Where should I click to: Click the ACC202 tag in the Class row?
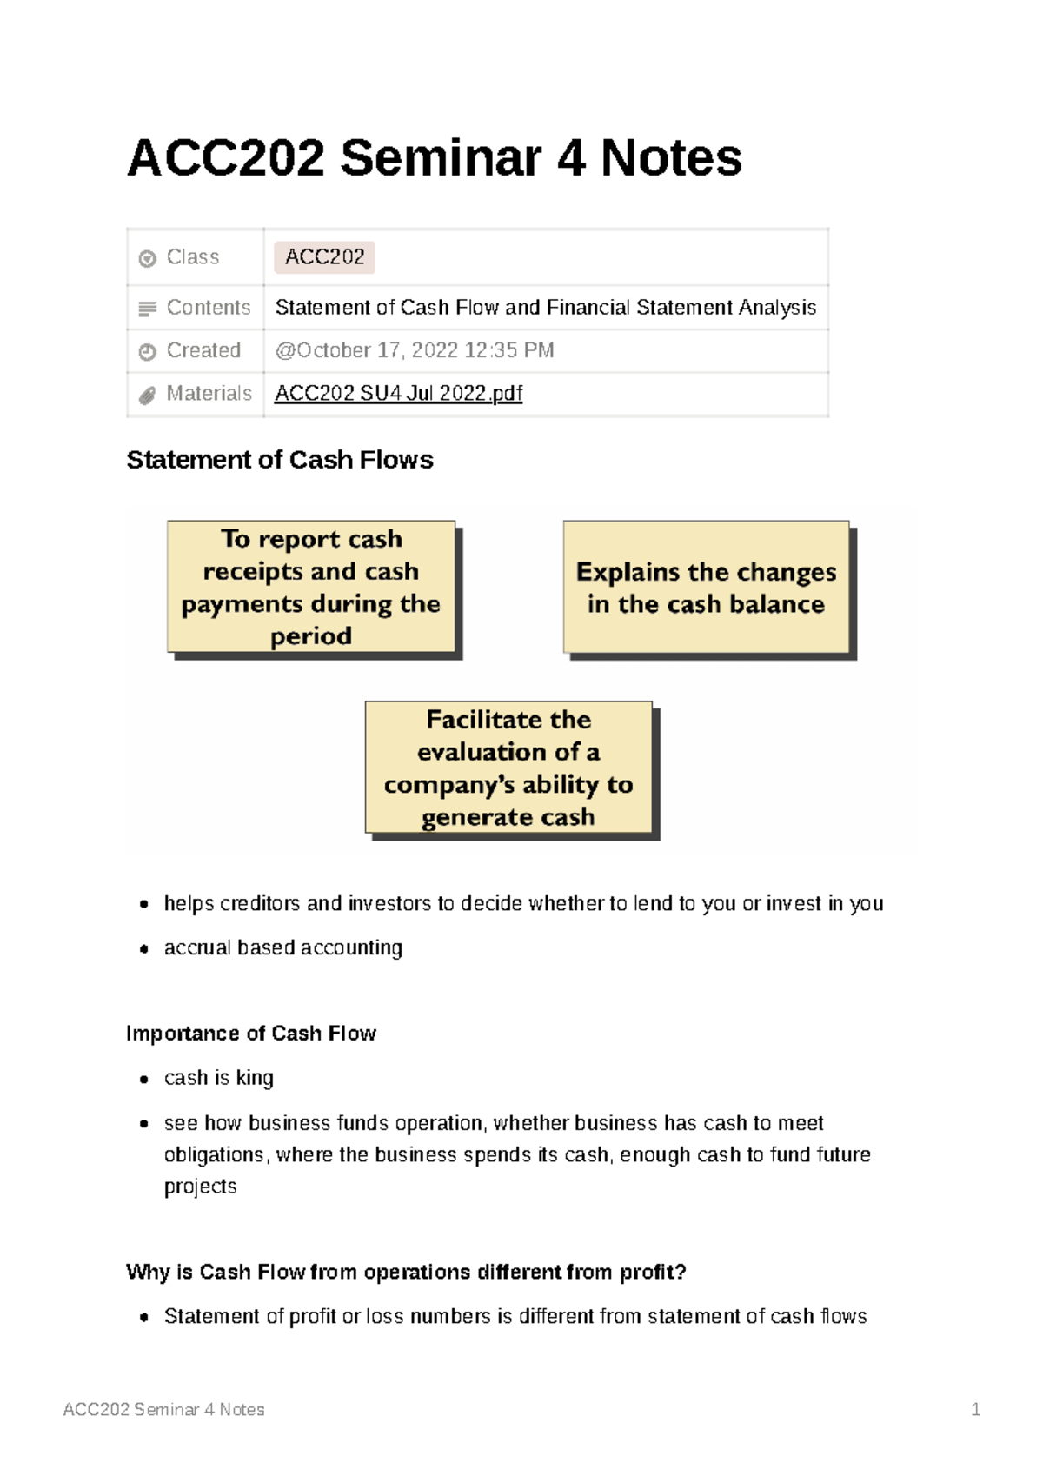(324, 257)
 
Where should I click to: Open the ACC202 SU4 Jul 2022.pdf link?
(398, 394)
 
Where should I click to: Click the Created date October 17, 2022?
(414, 350)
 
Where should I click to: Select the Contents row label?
(208, 308)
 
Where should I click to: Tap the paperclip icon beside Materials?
(147, 396)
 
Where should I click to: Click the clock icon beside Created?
(147, 352)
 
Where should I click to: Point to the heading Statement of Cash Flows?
(279, 460)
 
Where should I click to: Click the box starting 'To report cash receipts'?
(311, 587)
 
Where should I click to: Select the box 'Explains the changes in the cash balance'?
(706, 587)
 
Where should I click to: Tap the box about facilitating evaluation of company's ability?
(508, 768)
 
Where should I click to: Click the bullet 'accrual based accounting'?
(282, 947)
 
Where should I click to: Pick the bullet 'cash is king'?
(218, 1078)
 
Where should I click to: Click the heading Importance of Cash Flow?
(250, 1034)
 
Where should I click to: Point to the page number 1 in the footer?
(975, 1410)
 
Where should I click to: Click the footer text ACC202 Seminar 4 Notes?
(163, 1410)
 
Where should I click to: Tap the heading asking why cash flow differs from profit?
(406, 1273)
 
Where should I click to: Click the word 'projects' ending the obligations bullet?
(200, 1187)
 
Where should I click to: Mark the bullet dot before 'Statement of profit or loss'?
(144, 1318)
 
